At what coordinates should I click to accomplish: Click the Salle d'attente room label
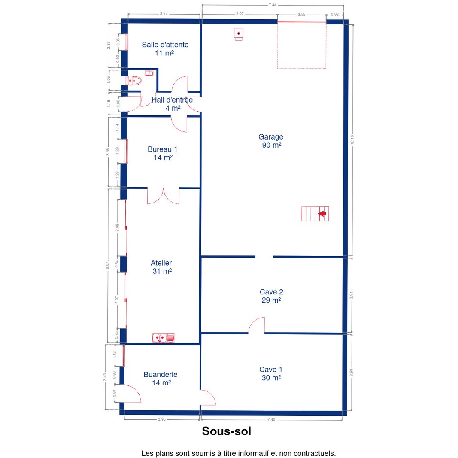[x=165, y=49]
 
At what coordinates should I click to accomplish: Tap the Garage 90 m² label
[x=271, y=141]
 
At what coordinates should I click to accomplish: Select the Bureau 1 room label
[x=163, y=153]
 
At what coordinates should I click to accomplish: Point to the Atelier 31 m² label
[x=161, y=267]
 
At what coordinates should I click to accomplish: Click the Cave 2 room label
[x=271, y=296]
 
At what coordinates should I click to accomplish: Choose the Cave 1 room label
[x=271, y=373]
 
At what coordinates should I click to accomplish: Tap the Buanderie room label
[x=161, y=379]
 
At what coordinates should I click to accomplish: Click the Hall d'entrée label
[x=172, y=104]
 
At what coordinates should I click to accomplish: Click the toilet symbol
[x=134, y=81]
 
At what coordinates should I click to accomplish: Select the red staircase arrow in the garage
[x=322, y=214]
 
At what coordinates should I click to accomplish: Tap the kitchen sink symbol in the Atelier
[x=163, y=338]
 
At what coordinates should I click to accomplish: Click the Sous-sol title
[x=227, y=431]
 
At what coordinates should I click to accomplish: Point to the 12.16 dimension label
[x=352, y=140]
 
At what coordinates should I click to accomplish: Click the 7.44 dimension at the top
[x=273, y=5]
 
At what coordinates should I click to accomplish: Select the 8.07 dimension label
[x=107, y=265]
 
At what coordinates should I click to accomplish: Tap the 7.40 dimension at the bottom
[x=271, y=419]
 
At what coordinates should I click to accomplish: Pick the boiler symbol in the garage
[x=239, y=34]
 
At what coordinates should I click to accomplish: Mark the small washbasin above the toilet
[x=149, y=73]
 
